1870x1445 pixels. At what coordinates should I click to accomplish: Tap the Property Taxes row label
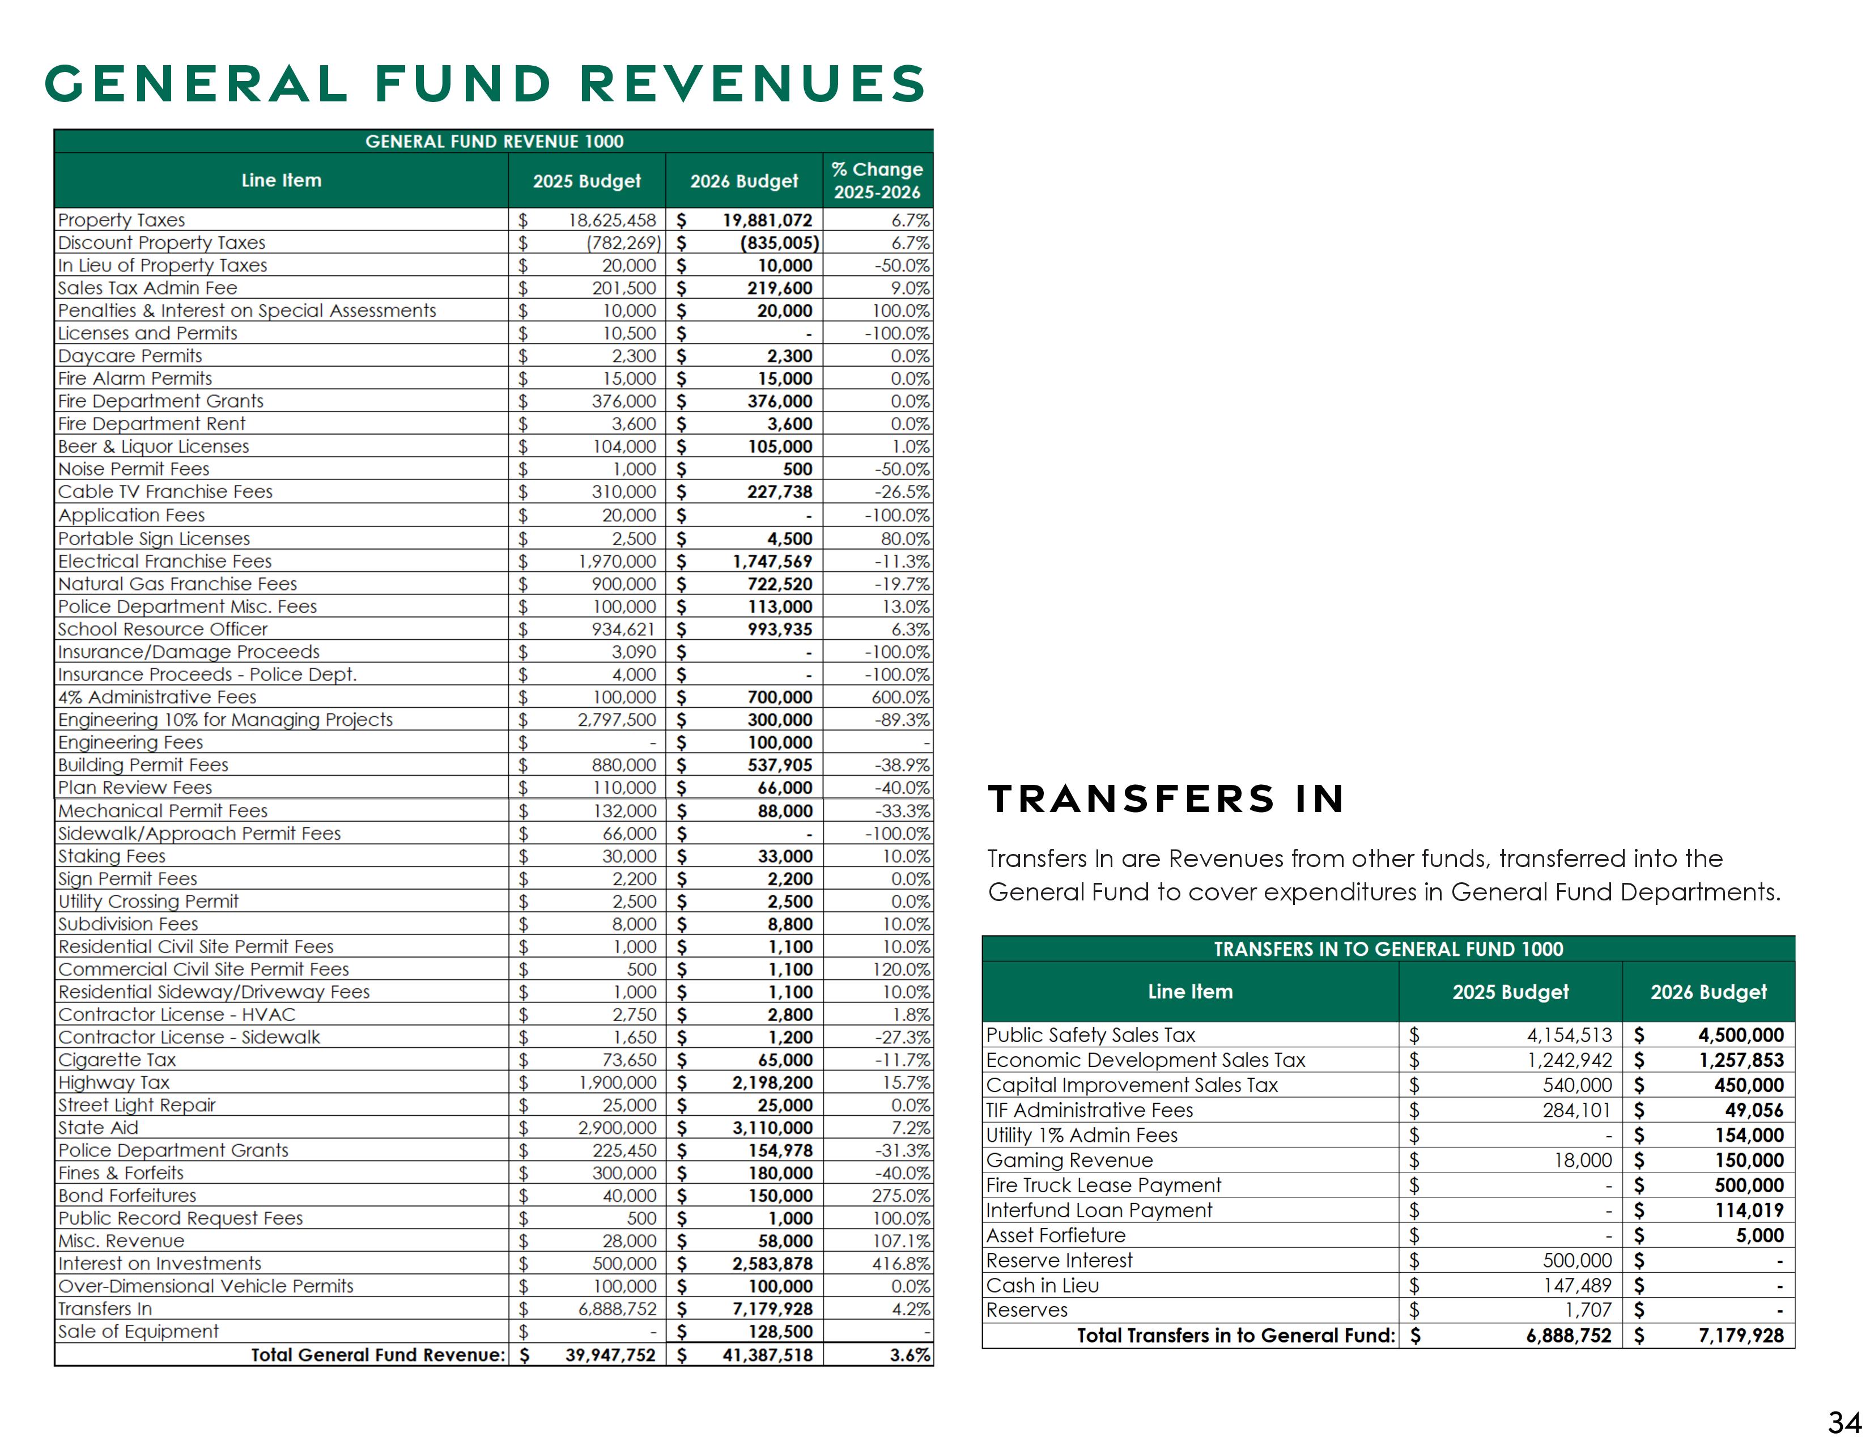pyautogui.click(x=122, y=220)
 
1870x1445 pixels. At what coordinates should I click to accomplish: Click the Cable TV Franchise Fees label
pyautogui.click(x=165, y=491)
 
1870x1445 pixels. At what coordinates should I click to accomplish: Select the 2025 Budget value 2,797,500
pyautogui.click(x=617, y=720)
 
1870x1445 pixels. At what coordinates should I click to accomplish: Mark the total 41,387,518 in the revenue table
pyautogui.click(x=767, y=1355)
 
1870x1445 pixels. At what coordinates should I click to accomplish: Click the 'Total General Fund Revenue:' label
pyautogui.click(x=377, y=1355)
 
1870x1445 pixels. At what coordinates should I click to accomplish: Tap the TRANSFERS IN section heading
pyautogui.click(x=1165, y=798)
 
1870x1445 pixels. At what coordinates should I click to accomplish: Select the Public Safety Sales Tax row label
pyautogui.click(x=1090, y=1035)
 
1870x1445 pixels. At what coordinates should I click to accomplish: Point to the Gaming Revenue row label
pyautogui.click(x=1069, y=1160)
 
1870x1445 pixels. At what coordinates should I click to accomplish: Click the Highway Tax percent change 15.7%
pyautogui.click(x=906, y=1082)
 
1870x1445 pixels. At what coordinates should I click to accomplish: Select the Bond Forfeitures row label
pyautogui.click(x=127, y=1196)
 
